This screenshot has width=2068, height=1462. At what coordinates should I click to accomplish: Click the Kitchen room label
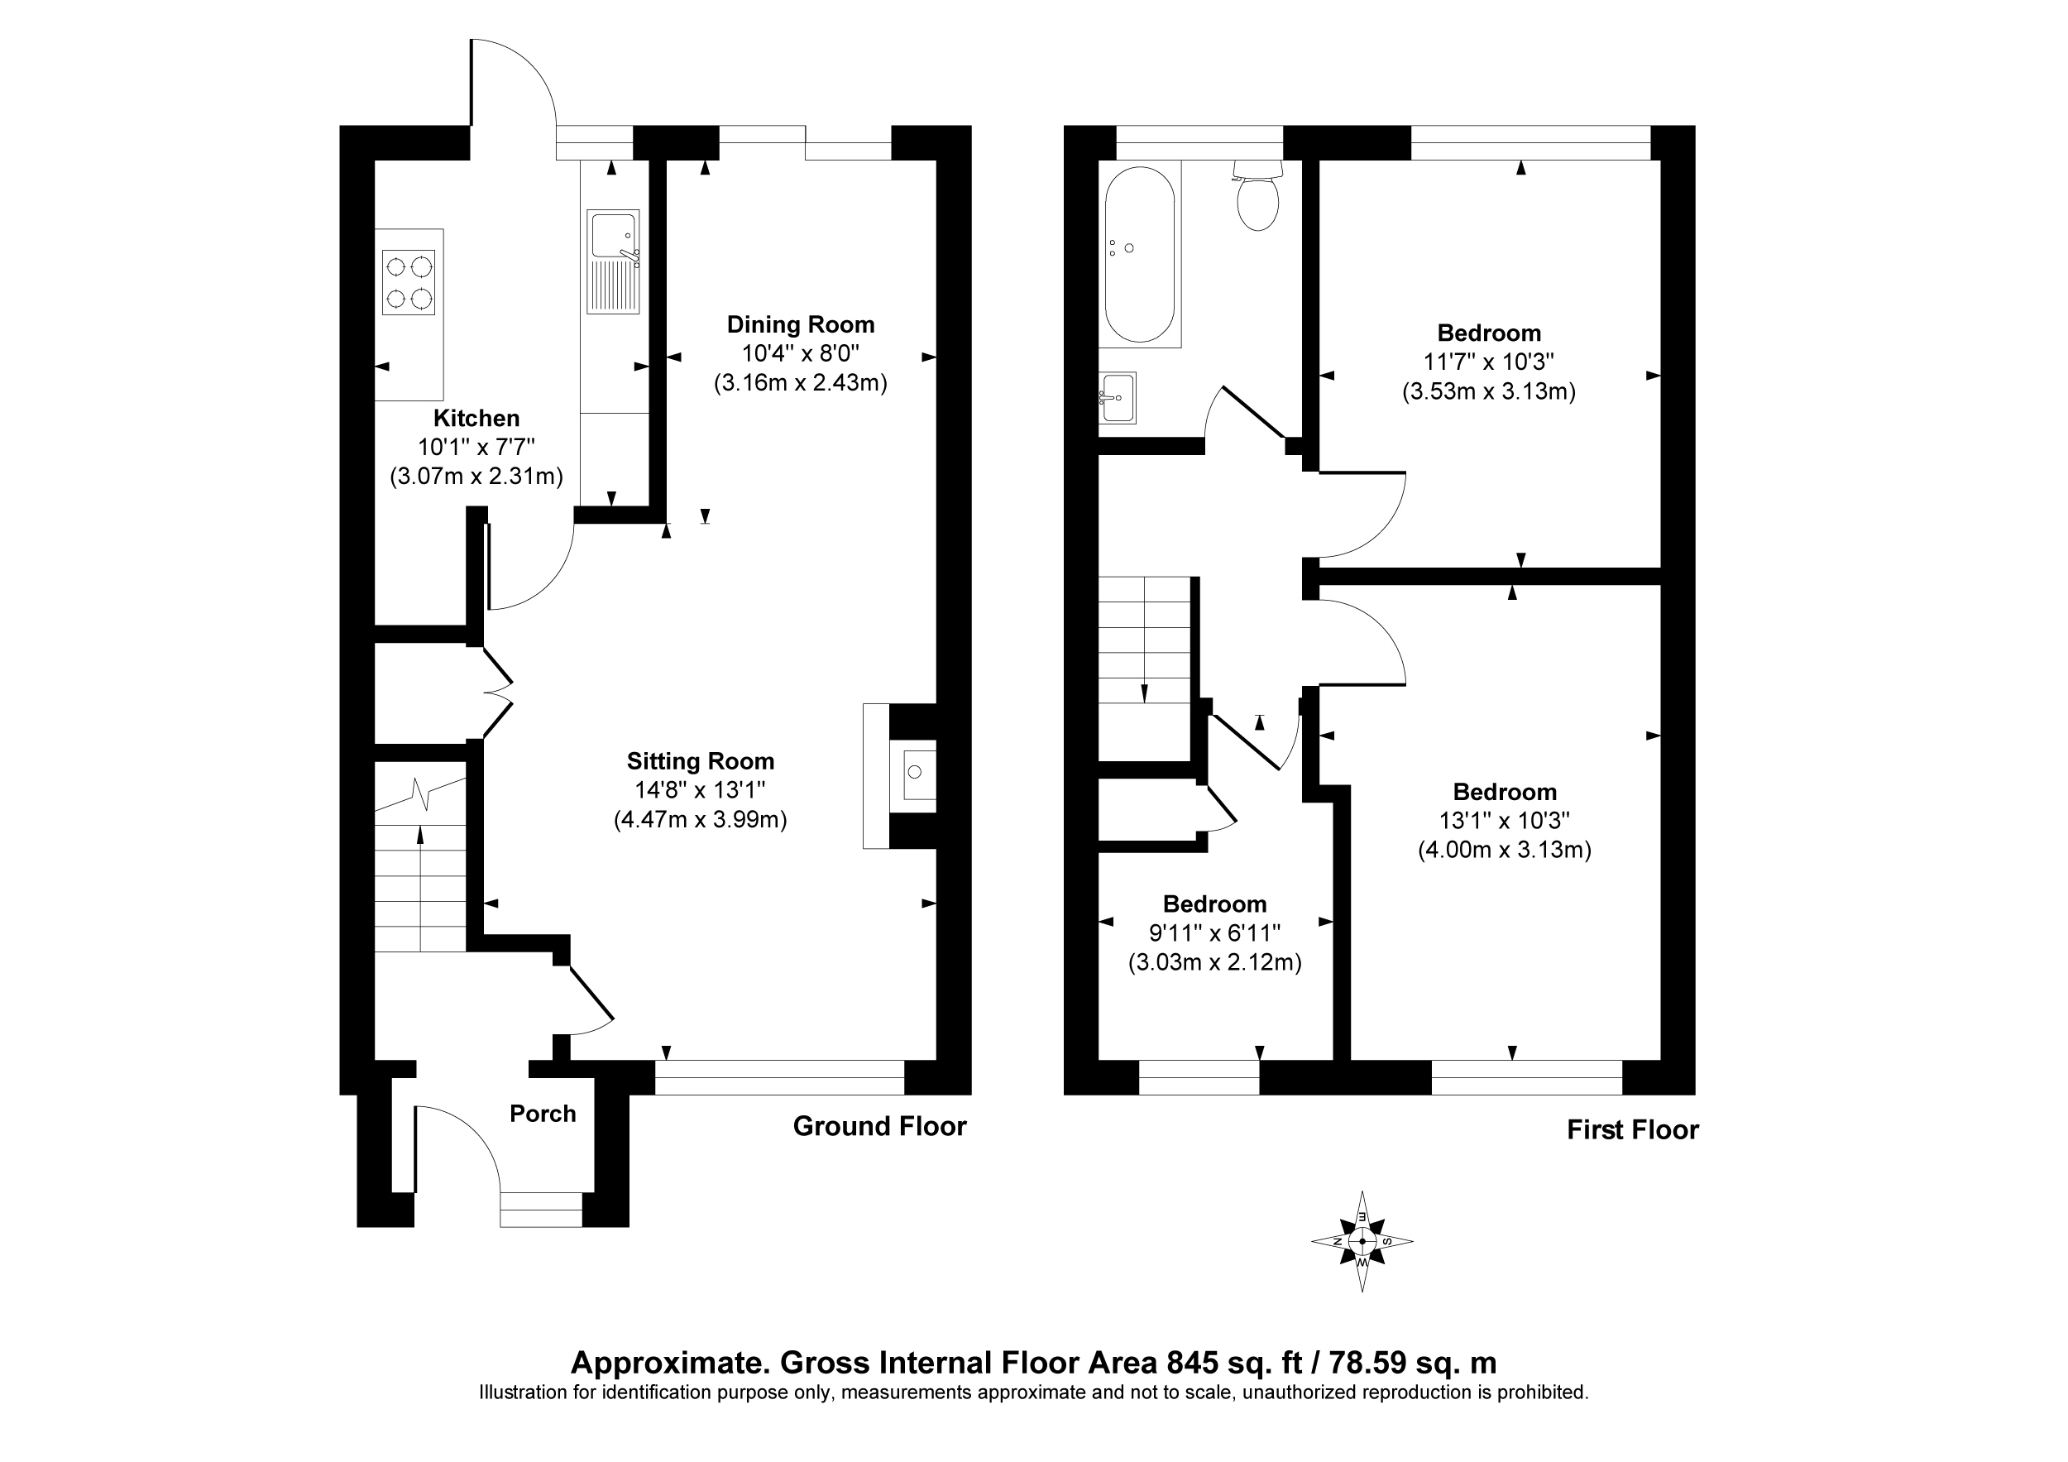(476, 418)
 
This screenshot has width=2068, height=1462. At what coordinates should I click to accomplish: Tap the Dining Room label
(801, 324)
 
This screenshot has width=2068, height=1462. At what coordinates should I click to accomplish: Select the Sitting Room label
(701, 761)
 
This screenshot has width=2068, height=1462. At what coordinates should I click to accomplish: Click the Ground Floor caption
(879, 1126)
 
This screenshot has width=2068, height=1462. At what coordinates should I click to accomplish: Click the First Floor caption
(1632, 1129)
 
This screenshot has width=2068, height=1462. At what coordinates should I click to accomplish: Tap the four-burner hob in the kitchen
(409, 283)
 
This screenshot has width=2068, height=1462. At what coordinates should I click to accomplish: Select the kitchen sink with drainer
(614, 262)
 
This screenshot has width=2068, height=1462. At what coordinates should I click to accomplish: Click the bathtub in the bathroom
(1139, 254)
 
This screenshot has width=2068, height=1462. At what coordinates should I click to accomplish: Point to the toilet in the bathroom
(1257, 195)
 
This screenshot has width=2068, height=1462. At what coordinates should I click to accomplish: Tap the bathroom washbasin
(1118, 397)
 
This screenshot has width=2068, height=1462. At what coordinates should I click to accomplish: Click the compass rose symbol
(1362, 1241)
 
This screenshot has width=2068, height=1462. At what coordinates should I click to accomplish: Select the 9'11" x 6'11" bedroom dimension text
(1214, 933)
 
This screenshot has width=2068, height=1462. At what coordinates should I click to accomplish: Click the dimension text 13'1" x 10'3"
(1504, 821)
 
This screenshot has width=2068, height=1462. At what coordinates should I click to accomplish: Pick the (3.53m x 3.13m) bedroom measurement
(1489, 392)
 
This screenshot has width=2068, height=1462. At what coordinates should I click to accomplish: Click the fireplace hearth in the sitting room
(876, 775)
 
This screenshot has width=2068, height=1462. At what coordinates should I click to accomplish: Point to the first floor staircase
(1145, 669)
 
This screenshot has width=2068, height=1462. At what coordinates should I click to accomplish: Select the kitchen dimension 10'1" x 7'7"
(476, 447)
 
